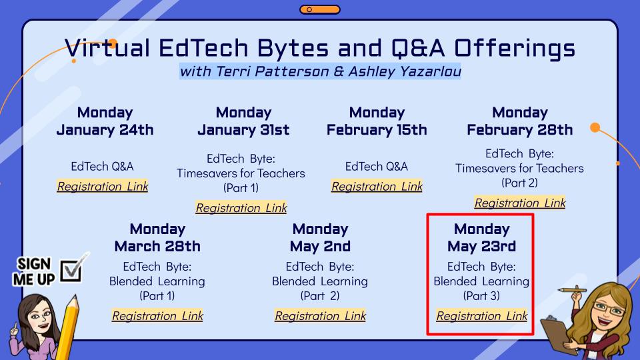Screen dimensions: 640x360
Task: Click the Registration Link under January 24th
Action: pyautogui.click(x=103, y=187)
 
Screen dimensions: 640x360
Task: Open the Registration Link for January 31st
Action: pyautogui.click(x=241, y=208)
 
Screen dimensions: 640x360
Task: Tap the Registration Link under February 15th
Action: pyautogui.click(x=377, y=187)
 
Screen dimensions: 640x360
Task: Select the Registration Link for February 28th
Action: pyautogui.click(x=520, y=203)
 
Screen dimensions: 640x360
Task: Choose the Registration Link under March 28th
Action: pyautogui.click(x=157, y=316)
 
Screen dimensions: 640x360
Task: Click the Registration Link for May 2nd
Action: pyautogui.click(x=321, y=316)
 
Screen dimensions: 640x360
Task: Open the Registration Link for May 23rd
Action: pyautogui.click(x=482, y=316)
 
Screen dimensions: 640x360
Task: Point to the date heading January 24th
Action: pyautogui.click(x=105, y=130)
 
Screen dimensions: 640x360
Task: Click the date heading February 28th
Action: pyautogui.click(x=519, y=130)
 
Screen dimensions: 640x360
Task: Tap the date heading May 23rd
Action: pyautogui.click(x=481, y=247)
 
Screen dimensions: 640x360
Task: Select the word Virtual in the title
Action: pyautogui.click(x=107, y=48)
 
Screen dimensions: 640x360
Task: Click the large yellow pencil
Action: pyautogui.click(x=68, y=327)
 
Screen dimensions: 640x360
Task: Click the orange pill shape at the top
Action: pyautogui.click(x=320, y=9)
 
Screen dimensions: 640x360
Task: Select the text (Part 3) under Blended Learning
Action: pyautogui.click(x=481, y=295)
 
